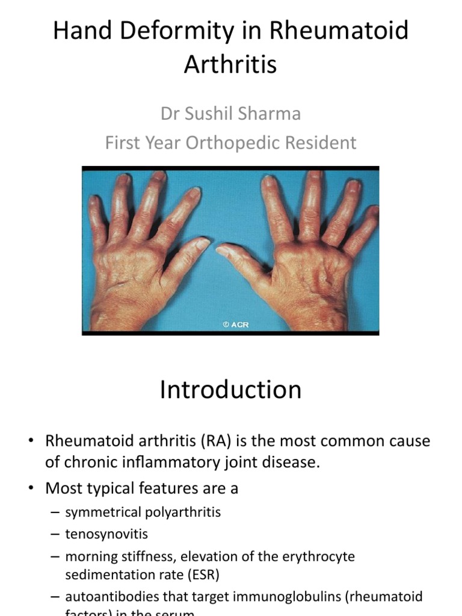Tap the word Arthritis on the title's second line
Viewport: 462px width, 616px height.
point(230,64)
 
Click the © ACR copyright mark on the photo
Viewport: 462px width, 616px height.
point(236,324)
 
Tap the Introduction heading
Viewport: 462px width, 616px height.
point(230,389)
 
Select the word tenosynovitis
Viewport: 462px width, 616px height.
point(106,534)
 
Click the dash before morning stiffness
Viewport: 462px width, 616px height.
point(55,556)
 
